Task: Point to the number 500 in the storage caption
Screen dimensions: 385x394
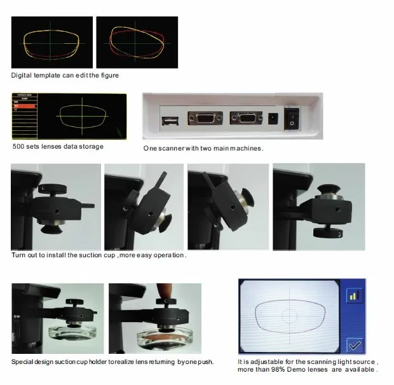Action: tap(18, 147)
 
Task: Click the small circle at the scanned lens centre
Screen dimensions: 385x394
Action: tap(290, 313)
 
